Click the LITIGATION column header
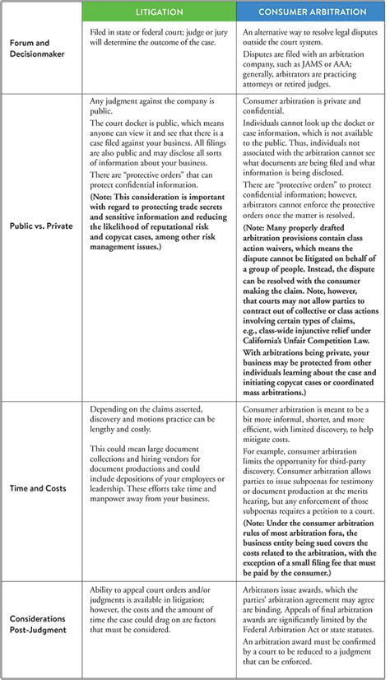point(159,12)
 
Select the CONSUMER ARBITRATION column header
point(313,12)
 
